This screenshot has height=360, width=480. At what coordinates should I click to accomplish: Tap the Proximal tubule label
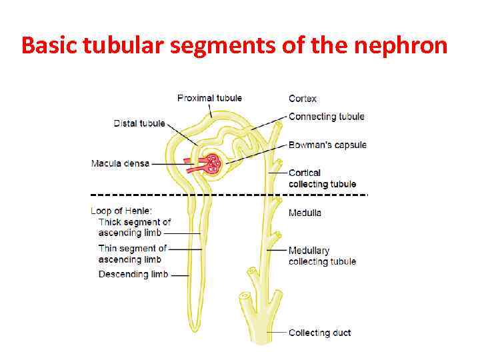tap(209, 98)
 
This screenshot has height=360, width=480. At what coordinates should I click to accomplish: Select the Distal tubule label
tap(139, 123)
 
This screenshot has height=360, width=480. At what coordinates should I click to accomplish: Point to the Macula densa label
tap(121, 163)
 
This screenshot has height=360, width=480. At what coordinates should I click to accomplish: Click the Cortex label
tap(303, 99)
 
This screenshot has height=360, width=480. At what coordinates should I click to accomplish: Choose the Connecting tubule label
tap(327, 117)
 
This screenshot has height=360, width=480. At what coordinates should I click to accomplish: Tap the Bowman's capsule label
tap(327, 145)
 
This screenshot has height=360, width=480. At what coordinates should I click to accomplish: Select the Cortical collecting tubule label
tap(322, 179)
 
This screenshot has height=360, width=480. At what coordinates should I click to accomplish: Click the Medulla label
tap(305, 213)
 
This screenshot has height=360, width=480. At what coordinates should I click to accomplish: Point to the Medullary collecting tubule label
tap(322, 256)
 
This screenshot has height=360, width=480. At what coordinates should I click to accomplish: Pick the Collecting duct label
tap(319, 333)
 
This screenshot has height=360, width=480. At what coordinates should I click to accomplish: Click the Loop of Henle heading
tap(121, 211)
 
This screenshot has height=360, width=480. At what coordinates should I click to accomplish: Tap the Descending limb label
tap(133, 274)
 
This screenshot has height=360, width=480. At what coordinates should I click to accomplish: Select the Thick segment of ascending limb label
tap(134, 227)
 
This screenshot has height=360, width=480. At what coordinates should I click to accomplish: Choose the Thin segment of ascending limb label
tap(132, 254)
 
